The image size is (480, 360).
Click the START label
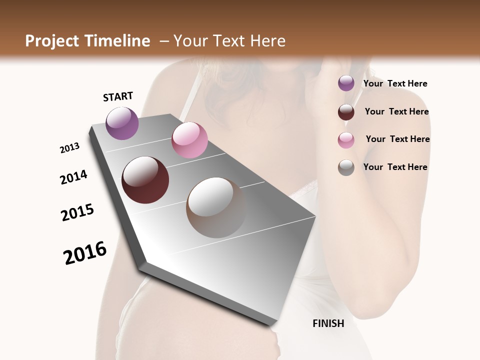point(118,96)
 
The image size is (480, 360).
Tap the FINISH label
point(328,323)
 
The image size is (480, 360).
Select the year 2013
point(69,148)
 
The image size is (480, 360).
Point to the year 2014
point(73,177)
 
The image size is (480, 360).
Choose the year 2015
point(77,212)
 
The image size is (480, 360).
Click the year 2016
point(85,252)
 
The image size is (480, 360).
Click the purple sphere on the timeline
point(122,123)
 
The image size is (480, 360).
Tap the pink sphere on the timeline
point(189,140)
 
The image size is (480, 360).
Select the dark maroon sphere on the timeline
point(145,180)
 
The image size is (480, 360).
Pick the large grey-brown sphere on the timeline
point(216,207)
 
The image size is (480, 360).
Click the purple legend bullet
point(346,83)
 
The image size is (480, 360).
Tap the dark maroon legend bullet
point(346,112)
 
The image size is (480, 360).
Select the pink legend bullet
point(346,140)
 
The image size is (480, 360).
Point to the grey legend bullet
point(346,167)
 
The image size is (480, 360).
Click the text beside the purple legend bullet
point(395,83)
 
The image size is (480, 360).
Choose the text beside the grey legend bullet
point(395,167)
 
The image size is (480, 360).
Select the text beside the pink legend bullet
point(397,139)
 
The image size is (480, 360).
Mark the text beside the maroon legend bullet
point(396,111)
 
